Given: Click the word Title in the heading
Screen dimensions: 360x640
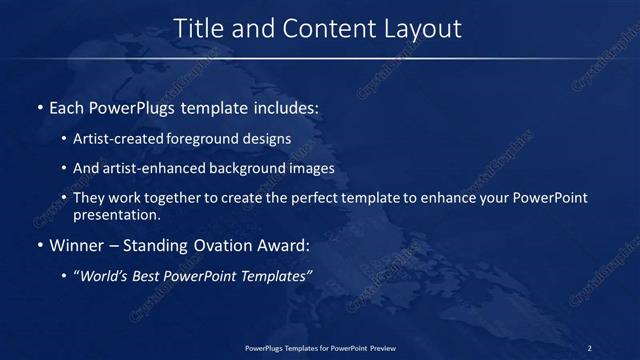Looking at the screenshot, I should pyautogui.click(x=198, y=29).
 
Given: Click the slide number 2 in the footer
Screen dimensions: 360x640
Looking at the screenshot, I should pyautogui.click(x=589, y=347).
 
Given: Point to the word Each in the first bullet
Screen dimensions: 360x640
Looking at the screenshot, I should pyautogui.click(x=67, y=107).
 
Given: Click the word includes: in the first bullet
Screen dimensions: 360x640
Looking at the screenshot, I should pyautogui.click(x=286, y=107).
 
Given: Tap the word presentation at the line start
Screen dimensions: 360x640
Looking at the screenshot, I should pyautogui.click(x=116, y=214).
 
